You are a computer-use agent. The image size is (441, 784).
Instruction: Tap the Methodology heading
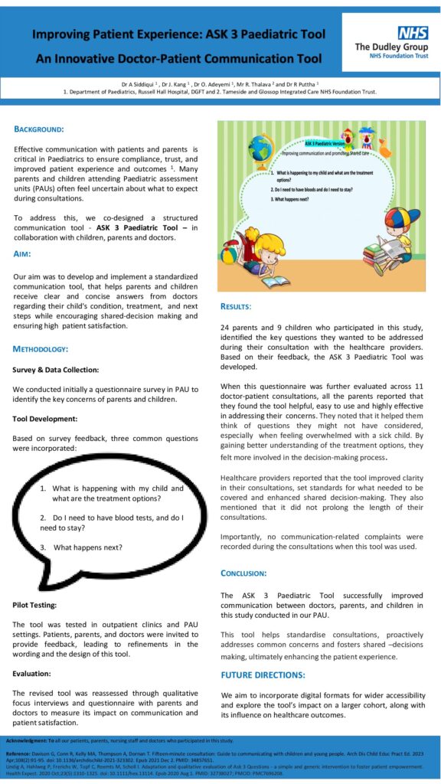[x=51, y=349]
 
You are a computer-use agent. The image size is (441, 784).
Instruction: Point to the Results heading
[x=236, y=306]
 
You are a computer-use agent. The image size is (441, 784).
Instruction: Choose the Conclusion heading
[x=243, y=573]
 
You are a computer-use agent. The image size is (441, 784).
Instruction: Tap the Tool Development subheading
[x=47, y=419]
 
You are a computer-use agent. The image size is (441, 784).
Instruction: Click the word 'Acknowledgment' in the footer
[x=28, y=741]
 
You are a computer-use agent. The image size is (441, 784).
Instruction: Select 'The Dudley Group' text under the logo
[x=391, y=47]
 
